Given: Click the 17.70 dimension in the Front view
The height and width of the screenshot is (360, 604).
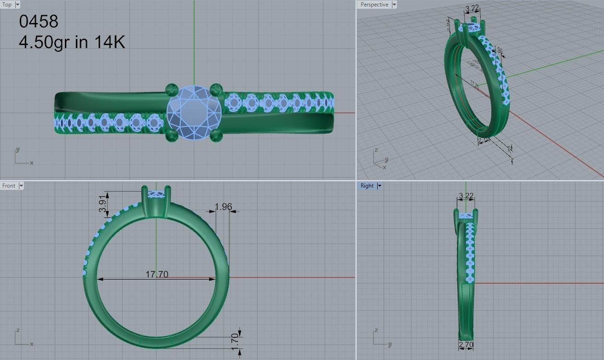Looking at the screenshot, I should tap(157, 274).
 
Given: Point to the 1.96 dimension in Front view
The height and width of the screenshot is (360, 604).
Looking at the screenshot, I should tap(223, 207).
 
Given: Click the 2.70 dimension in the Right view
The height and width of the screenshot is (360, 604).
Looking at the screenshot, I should tap(466, 344).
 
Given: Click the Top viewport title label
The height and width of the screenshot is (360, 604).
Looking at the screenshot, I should tap(7, 5).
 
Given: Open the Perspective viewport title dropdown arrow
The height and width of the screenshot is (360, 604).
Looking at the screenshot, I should tap(394, 5).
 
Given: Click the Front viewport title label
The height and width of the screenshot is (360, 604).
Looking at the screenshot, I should tap(9, 186).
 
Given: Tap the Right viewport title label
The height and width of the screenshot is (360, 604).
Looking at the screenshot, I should tap(367, 186).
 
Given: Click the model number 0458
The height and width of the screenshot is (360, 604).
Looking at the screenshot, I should tap(39, 21).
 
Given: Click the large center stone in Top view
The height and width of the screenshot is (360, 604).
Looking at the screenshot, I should tap(194, 112).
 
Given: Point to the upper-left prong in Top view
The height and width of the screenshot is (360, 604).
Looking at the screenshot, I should tap(173, 88).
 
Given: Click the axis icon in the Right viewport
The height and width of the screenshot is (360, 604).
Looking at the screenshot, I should tap(381, 337).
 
